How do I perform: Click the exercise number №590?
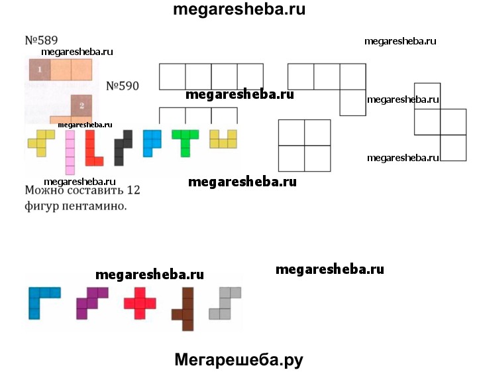(123, 86)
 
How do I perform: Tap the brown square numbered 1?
(39, 69)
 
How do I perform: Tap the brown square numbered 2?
(81, 105)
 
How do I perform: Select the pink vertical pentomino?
(69, 151)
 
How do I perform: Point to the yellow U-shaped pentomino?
(223, 140)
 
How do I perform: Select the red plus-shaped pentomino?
(140, 303)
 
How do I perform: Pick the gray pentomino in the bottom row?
(224, 303)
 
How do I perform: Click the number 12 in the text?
(132, 191)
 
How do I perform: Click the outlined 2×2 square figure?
(304, 145)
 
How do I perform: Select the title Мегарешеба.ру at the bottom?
(238, 359)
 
